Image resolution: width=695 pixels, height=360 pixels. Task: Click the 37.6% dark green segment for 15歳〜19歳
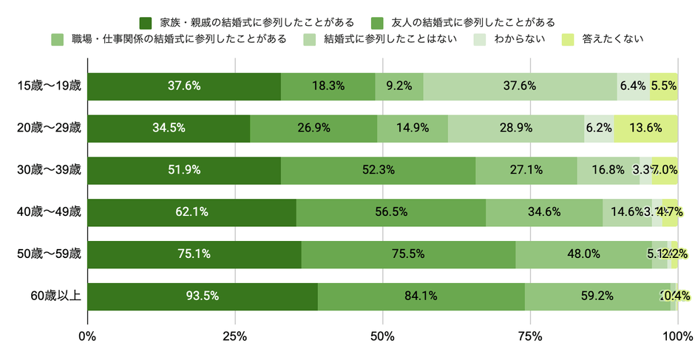coord(184,86)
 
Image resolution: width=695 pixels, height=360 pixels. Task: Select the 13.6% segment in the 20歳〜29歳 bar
coord(645,128)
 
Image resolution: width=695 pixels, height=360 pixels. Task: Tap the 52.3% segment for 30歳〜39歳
coord(378,170)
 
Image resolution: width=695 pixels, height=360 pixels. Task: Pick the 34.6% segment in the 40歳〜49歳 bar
coord(544,212)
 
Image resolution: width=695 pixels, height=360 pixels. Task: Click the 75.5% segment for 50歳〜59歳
coord(408,254)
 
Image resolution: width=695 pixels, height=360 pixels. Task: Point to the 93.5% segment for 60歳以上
coord(203,296)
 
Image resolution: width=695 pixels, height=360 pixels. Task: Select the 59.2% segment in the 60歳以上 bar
coord(597,296)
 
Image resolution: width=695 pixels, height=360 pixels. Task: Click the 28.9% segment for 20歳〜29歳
coord(516,128)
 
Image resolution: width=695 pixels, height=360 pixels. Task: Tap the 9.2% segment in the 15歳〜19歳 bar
coord(399,86)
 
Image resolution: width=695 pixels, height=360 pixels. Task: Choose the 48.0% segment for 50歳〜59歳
coord(583,254)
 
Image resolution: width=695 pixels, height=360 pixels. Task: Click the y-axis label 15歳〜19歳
coord(50,86)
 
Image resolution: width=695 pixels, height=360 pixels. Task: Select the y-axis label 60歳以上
coord(55,296)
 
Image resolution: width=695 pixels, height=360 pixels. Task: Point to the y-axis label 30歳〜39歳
coord(50,170)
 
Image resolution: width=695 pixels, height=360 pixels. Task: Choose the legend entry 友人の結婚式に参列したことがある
coord(473,21)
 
